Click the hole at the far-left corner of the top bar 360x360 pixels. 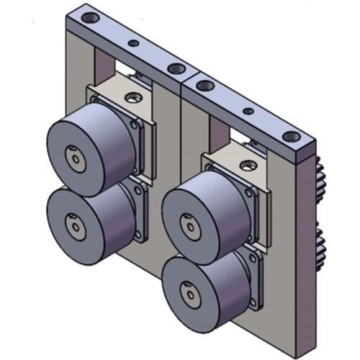coord(89,17)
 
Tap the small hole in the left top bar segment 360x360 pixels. coord(133,43)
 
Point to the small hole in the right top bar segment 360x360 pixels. coord(248,112)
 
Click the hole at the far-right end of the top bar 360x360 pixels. coord(289,136)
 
